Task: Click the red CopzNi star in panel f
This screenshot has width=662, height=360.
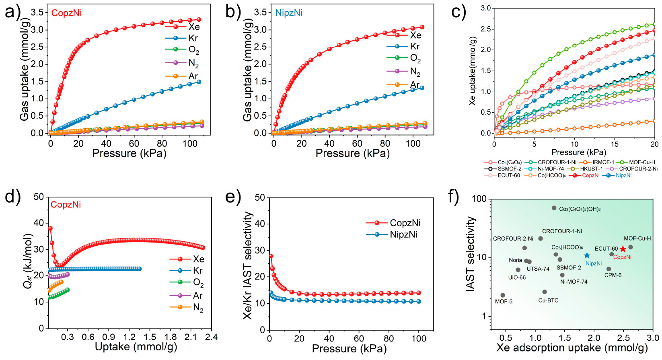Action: click(x=623, y=249)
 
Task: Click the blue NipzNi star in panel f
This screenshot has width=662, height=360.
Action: click(x=587, y=255)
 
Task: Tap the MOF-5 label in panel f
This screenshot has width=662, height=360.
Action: click(x=504, y=302)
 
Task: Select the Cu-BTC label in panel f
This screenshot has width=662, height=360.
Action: click(x=548, y=300)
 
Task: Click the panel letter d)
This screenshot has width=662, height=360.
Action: click(x=12, y=197)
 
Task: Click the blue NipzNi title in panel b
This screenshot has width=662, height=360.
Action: click(x=289, y=13)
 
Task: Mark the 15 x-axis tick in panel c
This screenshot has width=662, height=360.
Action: click(x=615, y=144)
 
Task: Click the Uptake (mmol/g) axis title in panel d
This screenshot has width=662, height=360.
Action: click(x=136, y=347)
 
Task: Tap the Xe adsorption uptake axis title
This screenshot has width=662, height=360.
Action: click(x=572, y=348)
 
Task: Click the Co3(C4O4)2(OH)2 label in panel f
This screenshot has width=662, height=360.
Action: click(x=580, y=209)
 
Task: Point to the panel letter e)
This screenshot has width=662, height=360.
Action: click(x=234, y=197)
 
